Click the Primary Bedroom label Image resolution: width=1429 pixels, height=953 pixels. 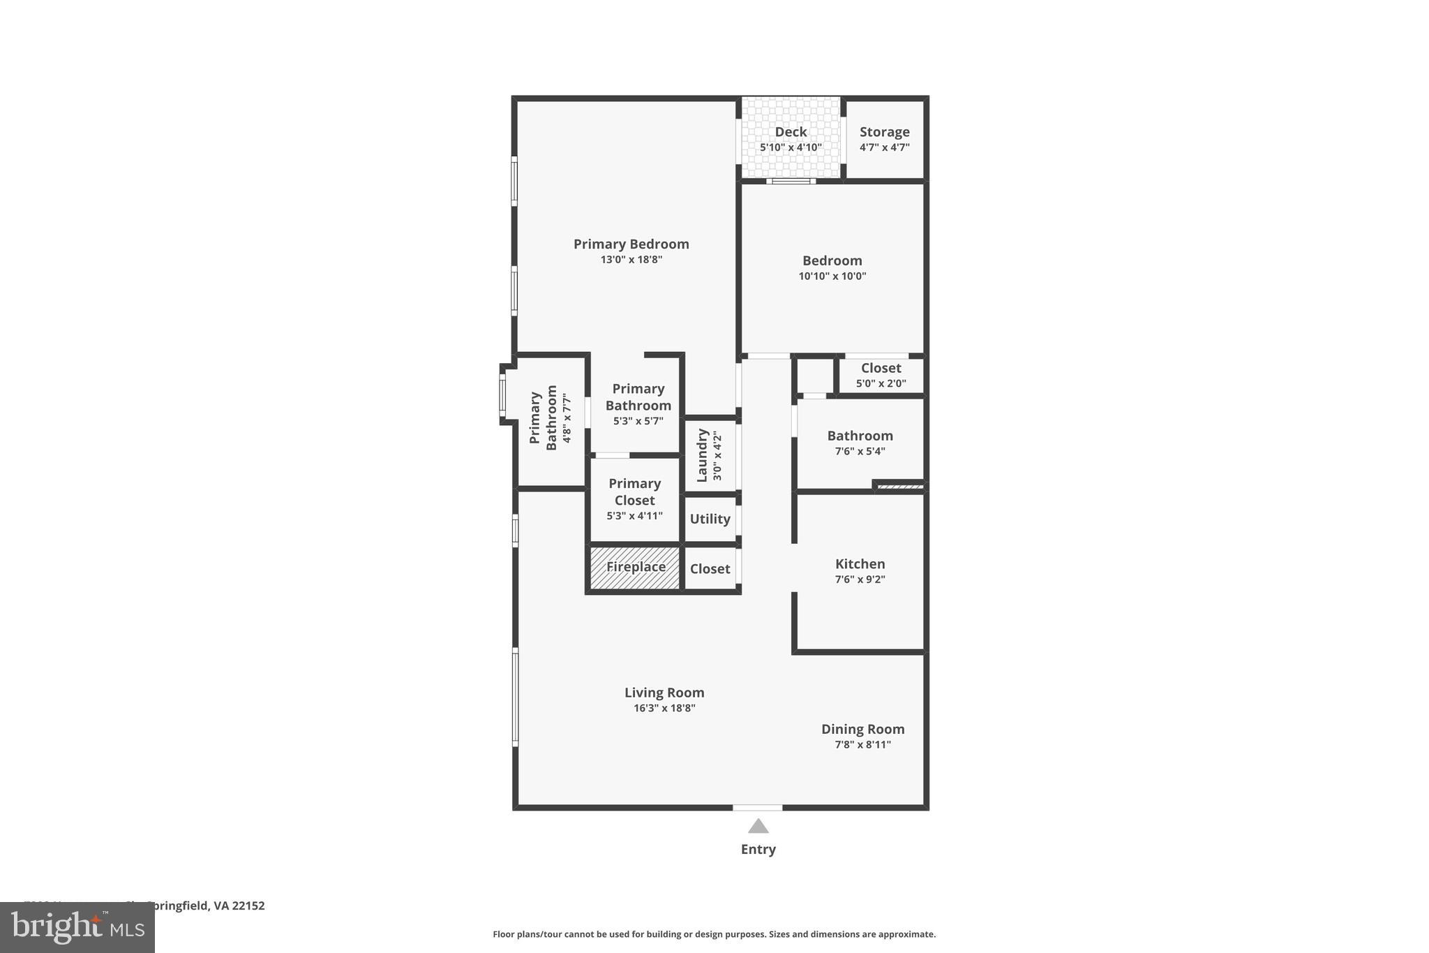point(631,244)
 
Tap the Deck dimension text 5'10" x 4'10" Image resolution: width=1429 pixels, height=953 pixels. point(791,147)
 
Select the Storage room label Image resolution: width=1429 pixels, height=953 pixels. point(884,132)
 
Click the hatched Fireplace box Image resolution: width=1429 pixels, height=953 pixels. point(635,568)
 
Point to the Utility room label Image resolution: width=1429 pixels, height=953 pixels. point(710,519)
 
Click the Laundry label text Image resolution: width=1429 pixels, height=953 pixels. point(703,455)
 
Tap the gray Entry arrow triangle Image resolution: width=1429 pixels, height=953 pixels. point(758,827)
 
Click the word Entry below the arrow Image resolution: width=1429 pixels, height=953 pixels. point(758,849)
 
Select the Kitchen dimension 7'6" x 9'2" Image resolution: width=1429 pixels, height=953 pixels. point(860,579)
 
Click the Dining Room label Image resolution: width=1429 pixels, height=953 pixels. point(862,729)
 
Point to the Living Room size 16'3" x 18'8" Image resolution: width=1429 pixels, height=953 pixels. point(664,708)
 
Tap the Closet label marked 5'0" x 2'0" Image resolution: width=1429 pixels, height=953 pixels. point(881,368)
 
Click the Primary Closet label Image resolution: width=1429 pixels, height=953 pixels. point(634,492)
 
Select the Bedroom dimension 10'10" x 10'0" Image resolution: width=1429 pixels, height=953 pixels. point(832,276)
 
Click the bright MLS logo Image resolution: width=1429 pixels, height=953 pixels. point(77,927)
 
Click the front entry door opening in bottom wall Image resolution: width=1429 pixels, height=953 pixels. point(757,808)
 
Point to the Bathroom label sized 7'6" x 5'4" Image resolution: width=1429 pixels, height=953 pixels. point(860,436)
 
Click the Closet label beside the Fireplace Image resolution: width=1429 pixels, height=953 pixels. point(710,569)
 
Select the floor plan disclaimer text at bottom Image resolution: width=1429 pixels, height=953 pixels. point(714,934)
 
